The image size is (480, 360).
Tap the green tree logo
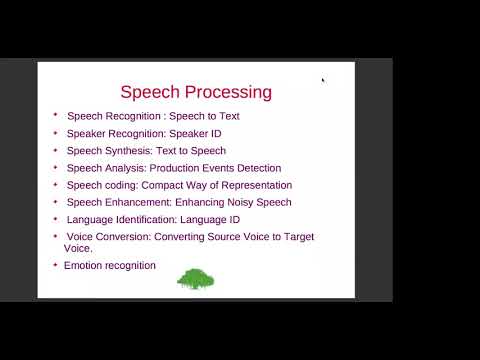click(x=196, y=278)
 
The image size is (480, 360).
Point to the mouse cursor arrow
click(x=323, y=80)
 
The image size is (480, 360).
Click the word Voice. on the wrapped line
click(x=78, y=248)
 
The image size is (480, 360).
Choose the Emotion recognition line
click(x=110, y=265)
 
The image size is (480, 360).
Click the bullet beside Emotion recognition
click(x=56, y=265)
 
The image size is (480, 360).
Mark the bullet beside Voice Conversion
click(x=56, y=236)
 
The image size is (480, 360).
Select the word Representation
click(x=254, y=185)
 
